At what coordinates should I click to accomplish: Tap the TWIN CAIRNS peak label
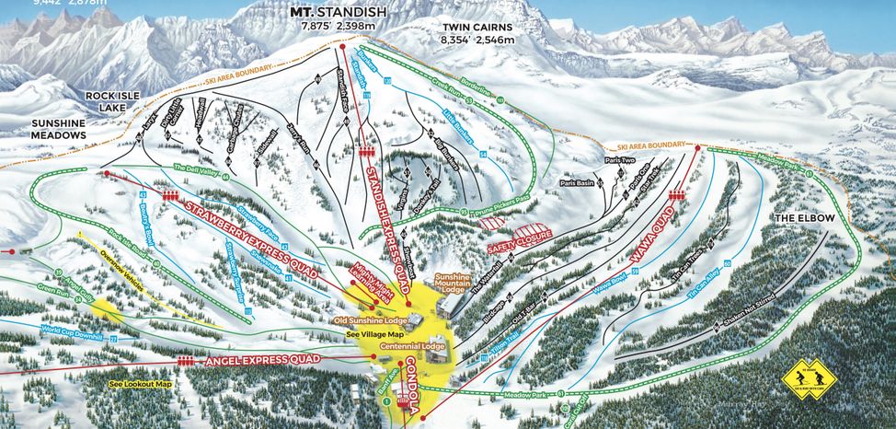[x=476, y=29]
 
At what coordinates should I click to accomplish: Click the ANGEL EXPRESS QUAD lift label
[x=268, y=360]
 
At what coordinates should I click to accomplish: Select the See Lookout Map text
[x=140, y=383]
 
